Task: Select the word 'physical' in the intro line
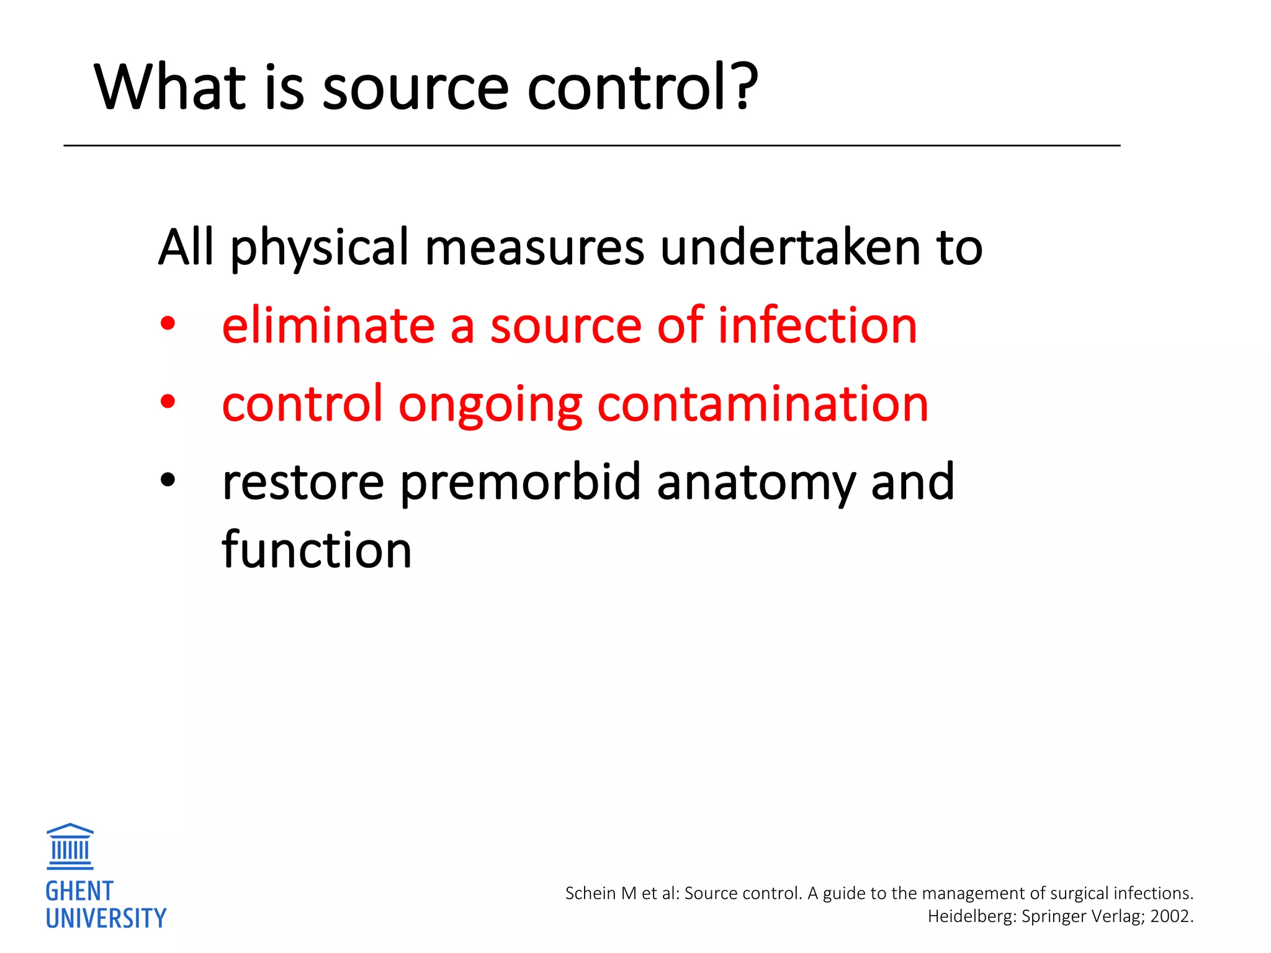point(320,249)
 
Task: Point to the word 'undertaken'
point(791,248)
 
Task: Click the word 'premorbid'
point(520,483)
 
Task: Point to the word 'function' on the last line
point(317,550)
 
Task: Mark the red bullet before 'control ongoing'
point(168,401)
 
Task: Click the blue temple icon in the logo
point(70,846)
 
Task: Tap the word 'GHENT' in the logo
point(79,892)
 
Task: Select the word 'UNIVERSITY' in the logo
point(106,918)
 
